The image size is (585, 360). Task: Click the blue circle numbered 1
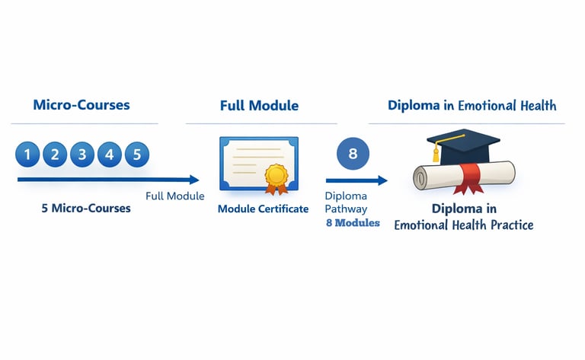pyautogui.click(x=27, y=155)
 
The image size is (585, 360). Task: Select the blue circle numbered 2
pyautogui.click(x=55, y=155)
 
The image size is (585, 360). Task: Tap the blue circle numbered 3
pyautogui.click(x=82, y=155)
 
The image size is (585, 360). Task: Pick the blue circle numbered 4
pyautogui.click(x=110, y=155)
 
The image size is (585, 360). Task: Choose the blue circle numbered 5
pyautogui.click(x=137, y=155)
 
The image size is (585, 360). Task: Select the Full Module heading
pyautogui.click(x=259, y=105)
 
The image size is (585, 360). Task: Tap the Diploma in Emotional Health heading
pyautogui.click(x=472, y=105)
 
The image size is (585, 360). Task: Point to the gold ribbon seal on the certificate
pyautogui.click(x=276, y=178)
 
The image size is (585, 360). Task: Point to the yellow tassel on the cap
pyautogui.click(x=437, y=154)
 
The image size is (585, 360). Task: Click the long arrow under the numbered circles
pyautogui.click(x=107, y=180)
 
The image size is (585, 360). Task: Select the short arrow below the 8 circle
pyautogui.click(x=356, y=180)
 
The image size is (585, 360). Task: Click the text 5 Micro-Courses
pyautogui.click(x=86, y=208)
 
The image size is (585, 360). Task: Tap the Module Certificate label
pyautogui.click(x=263, y=209)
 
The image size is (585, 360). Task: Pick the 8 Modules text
pyautogui.click(x=353, y=223)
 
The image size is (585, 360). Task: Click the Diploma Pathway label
pyautogui.click(x=346, y=202)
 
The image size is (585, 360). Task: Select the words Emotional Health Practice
pyautogui.click(x=464, y=225)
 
